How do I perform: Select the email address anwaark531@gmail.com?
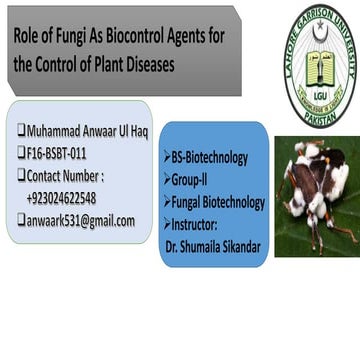(80, 220)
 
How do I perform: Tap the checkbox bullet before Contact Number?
(21, 175)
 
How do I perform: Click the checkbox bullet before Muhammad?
(21, 130)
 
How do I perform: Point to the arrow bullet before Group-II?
(168, 180)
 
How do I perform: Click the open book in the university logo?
(319, 67)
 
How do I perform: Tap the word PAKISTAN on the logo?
(319, 113)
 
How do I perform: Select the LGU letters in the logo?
(319, 94)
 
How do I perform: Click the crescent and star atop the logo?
(320, 31)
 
